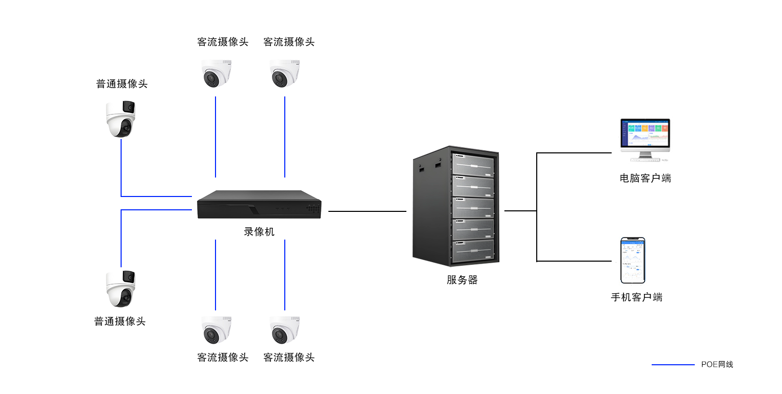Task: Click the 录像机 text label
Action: [259, 232]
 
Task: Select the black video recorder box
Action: [259, 205]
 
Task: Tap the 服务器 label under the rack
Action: [462, 280]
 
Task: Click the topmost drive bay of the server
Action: [472, 164]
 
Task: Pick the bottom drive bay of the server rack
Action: [472, 250]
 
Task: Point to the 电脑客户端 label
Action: [645, 179]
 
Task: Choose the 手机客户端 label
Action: [636, 298]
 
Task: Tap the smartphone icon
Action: [633, 260]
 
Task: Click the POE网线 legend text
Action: [717, 365]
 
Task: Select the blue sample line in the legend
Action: [673, 365]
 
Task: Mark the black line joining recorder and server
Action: [367, 211]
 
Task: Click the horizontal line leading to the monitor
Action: [574, 153]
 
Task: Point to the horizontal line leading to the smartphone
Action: [574, 261]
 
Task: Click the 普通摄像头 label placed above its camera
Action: [122, 84]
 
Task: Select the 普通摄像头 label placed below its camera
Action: [120, 322]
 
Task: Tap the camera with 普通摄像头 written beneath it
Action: [121, 289]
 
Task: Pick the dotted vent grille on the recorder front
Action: [313, 209]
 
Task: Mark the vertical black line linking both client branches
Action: [537, 207]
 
